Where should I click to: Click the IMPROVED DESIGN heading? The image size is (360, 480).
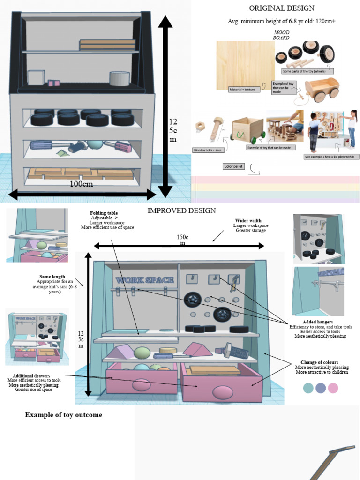click(181, 210)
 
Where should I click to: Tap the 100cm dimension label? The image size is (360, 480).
click(81, 184)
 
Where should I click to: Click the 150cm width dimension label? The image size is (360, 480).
click(182, 240)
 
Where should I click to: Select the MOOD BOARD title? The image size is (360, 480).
click(281, 35)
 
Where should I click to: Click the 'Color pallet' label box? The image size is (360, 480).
click(234, 166)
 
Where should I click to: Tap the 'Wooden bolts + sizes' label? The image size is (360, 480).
click(208, 150)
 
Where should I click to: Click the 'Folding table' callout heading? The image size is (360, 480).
click(104, 213)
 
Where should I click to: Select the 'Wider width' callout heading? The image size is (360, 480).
click(248, 220)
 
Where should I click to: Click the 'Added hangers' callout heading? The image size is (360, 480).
click(318, 322)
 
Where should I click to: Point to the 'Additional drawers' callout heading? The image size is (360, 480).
click(34, 375)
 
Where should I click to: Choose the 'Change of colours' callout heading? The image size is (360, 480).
click(322, 362)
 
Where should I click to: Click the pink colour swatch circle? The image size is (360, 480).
click(333, 388)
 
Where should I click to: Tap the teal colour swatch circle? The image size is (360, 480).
click(308, 388)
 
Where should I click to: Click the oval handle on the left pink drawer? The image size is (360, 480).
click(142, 385)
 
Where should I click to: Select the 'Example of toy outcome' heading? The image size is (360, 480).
click(63, 415)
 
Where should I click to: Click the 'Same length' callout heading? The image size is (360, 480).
click(52, 277)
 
